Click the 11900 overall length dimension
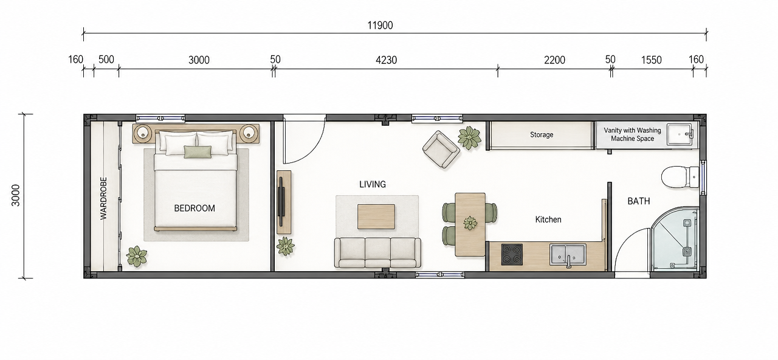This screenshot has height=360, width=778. tap(380, 26)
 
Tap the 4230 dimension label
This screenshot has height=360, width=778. tap(386, 60)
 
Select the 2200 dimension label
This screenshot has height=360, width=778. tap(554, 60)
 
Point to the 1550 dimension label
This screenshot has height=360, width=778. tap(651, 60)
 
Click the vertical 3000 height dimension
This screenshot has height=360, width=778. tap(16, 195)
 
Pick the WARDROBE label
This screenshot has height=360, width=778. tap(103, 198)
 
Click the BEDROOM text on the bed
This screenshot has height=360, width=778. tap(194, 208)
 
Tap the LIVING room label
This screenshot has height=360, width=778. tap(373, 184)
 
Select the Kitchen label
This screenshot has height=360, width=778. tap(548, 220)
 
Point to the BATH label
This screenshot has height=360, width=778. tap(639, 201)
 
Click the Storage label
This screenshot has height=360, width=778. tap(542, 134)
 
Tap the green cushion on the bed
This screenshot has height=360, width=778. tap(198, 152)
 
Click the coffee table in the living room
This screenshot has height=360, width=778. tap(376, 217)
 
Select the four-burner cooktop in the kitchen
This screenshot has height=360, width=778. tap(512, 255)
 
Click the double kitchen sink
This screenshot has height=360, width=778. tap(568, 255)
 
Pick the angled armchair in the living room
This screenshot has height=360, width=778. tap(441, 150)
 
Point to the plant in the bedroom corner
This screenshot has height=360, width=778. tap(137, 257)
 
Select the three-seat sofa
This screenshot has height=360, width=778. tap(377, 253)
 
